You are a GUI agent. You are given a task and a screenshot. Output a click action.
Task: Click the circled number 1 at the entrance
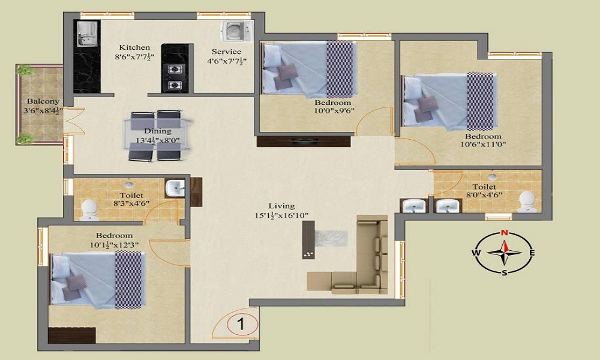tap(242, 325)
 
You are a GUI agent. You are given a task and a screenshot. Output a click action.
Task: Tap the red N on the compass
tap(505, 232)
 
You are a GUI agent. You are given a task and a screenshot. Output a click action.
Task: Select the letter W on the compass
tap(476, 253)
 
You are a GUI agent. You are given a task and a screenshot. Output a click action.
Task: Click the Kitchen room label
tap(134, 47)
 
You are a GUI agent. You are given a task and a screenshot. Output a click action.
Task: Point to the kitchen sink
tap(88, 34)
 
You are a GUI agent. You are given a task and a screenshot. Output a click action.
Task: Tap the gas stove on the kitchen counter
tap(175, 77)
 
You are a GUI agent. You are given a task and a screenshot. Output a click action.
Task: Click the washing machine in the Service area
tap(236, 31)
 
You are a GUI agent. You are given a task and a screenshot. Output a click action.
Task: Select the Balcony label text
tap(43, 102)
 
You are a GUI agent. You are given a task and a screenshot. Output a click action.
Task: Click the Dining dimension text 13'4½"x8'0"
tap(158, 140)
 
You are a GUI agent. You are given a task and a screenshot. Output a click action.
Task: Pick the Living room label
tap(281, 206)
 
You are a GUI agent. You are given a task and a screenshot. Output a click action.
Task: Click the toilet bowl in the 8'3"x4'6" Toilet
tap(89, 210)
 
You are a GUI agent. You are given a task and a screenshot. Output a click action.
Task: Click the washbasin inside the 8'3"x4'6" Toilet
tap(175, 188)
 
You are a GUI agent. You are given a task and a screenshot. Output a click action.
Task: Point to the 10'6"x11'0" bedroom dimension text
tap(483, 145)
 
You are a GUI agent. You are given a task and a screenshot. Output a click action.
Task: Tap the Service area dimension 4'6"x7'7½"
tap(227, 61)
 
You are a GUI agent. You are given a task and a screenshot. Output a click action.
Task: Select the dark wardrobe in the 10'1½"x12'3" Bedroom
tap(72, 335)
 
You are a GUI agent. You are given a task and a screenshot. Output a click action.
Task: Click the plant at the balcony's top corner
tap(25, 70)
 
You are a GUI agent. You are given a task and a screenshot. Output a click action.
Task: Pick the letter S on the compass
tap(505, 272)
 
